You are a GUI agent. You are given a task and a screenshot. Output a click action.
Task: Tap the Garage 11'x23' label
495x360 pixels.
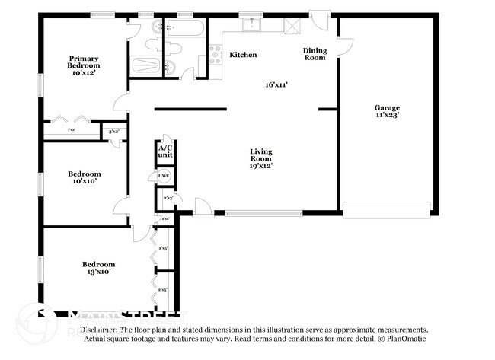click(x=386, y=112)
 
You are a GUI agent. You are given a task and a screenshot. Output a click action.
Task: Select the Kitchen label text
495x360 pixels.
click(x=243, y=55)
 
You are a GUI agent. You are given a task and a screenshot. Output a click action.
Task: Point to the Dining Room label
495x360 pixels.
click(x=315, y=54)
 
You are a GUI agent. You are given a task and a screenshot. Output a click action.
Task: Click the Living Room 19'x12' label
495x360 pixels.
click(x=260, y=158)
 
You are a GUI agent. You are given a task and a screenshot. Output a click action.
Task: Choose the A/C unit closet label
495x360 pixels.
click(x=165, y=151)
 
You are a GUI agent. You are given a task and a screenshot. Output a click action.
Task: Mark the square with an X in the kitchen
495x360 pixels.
click(x=292, y=24)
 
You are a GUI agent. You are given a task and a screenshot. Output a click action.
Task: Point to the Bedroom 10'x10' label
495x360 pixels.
click(x=85, y=178)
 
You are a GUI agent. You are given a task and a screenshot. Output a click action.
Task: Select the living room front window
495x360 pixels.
click(x=254, y=213)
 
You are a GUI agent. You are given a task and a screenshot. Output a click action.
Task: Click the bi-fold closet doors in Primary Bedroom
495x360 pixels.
click(x=72, y=120)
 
